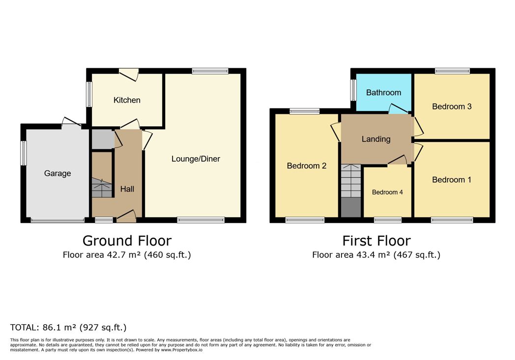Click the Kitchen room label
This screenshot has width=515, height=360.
click(127, 100)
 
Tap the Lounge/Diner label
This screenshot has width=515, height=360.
click(196, 159)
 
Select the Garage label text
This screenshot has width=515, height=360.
click(57, 173)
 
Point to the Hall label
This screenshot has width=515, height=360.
click(127, 189)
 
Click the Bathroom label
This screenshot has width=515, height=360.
click(384, 92)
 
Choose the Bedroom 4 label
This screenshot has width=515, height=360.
click(387, 193)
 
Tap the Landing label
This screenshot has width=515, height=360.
click(376, 139)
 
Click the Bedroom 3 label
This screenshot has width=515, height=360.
click(452, 106)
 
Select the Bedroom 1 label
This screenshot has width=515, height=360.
click(452, 179)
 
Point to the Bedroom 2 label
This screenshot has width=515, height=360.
click(307, 166)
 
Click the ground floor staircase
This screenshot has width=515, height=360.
click(102, 188)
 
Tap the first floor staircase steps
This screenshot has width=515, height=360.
click(351, 181)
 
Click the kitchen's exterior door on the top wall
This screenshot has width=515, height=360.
click(129, 74)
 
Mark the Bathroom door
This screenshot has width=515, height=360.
click(399, 109)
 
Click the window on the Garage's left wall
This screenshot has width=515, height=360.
click(24, 153)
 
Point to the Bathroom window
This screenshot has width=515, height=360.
click(353, 90)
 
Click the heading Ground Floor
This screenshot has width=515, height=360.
click(127, 241)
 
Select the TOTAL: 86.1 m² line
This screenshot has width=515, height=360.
click(68, 327)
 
